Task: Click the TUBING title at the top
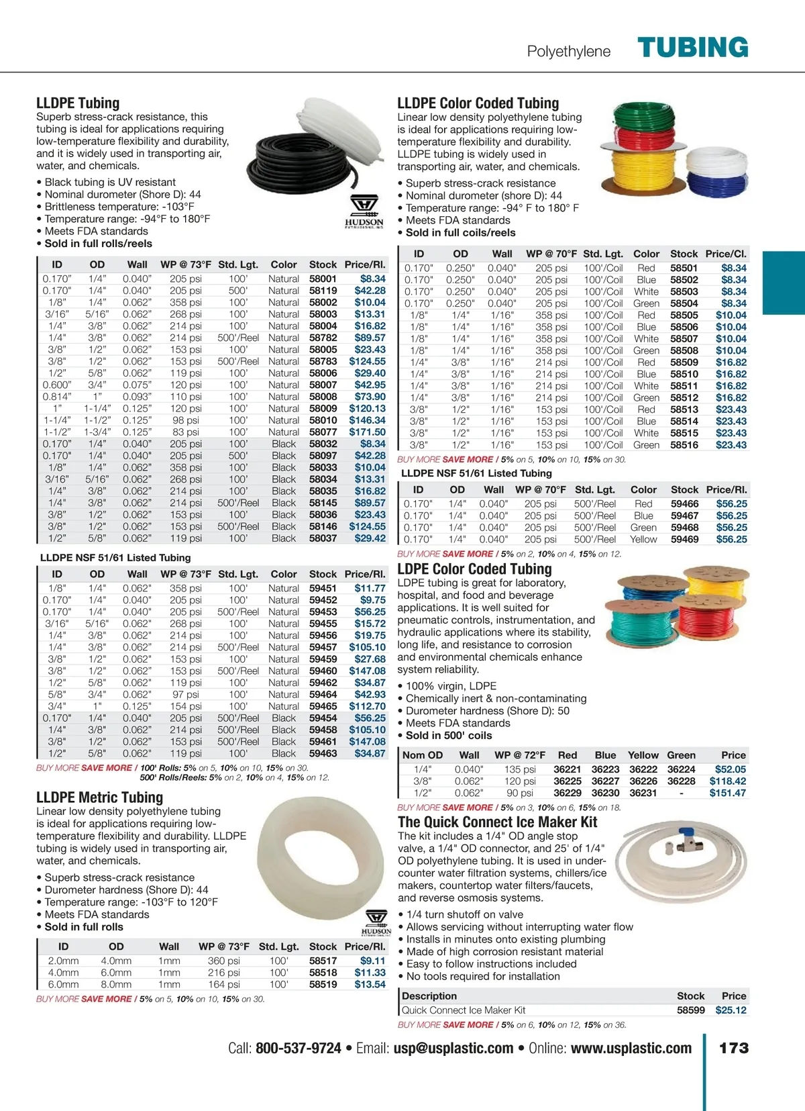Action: pos(692,48)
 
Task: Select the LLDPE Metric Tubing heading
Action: pos(99,798)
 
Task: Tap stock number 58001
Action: pos(323,279)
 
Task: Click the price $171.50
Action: pos(367,432)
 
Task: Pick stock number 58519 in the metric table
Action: pos(323,984)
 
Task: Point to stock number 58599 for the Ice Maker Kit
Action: pos(690,1010)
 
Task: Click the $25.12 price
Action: pos(731,1010)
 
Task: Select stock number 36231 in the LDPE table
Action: pos(643,793)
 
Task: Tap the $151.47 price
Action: pos(727,793)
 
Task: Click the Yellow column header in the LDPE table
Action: pos(643,755)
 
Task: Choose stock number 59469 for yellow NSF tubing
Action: pos(684,539)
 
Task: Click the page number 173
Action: pos(733,1048)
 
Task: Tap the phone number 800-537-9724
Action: pos(299,1048)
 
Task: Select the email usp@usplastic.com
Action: pos(453,1048)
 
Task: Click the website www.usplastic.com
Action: pos(631,1048)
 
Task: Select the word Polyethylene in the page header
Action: pos(569,52)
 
